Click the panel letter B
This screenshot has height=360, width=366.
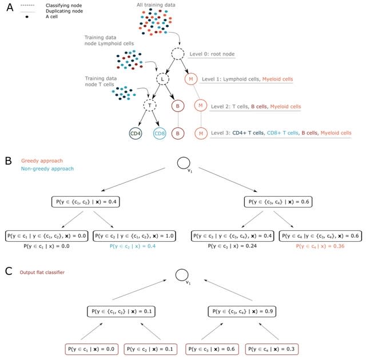(7, 162)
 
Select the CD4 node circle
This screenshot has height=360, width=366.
(136, 134)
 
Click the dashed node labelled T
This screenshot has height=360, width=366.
(149, 105)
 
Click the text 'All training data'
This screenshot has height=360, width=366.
(156, 6)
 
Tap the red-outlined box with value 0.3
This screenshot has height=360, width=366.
(273, 347)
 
